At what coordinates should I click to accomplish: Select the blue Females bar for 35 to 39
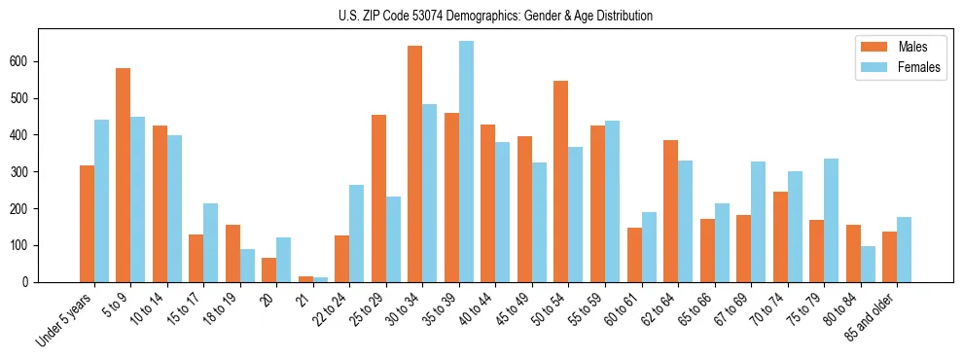click(x=467, y=162)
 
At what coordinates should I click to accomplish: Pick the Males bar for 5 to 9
click(x=124, y=175)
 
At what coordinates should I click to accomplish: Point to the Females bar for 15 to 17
click(x=211, y=243)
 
